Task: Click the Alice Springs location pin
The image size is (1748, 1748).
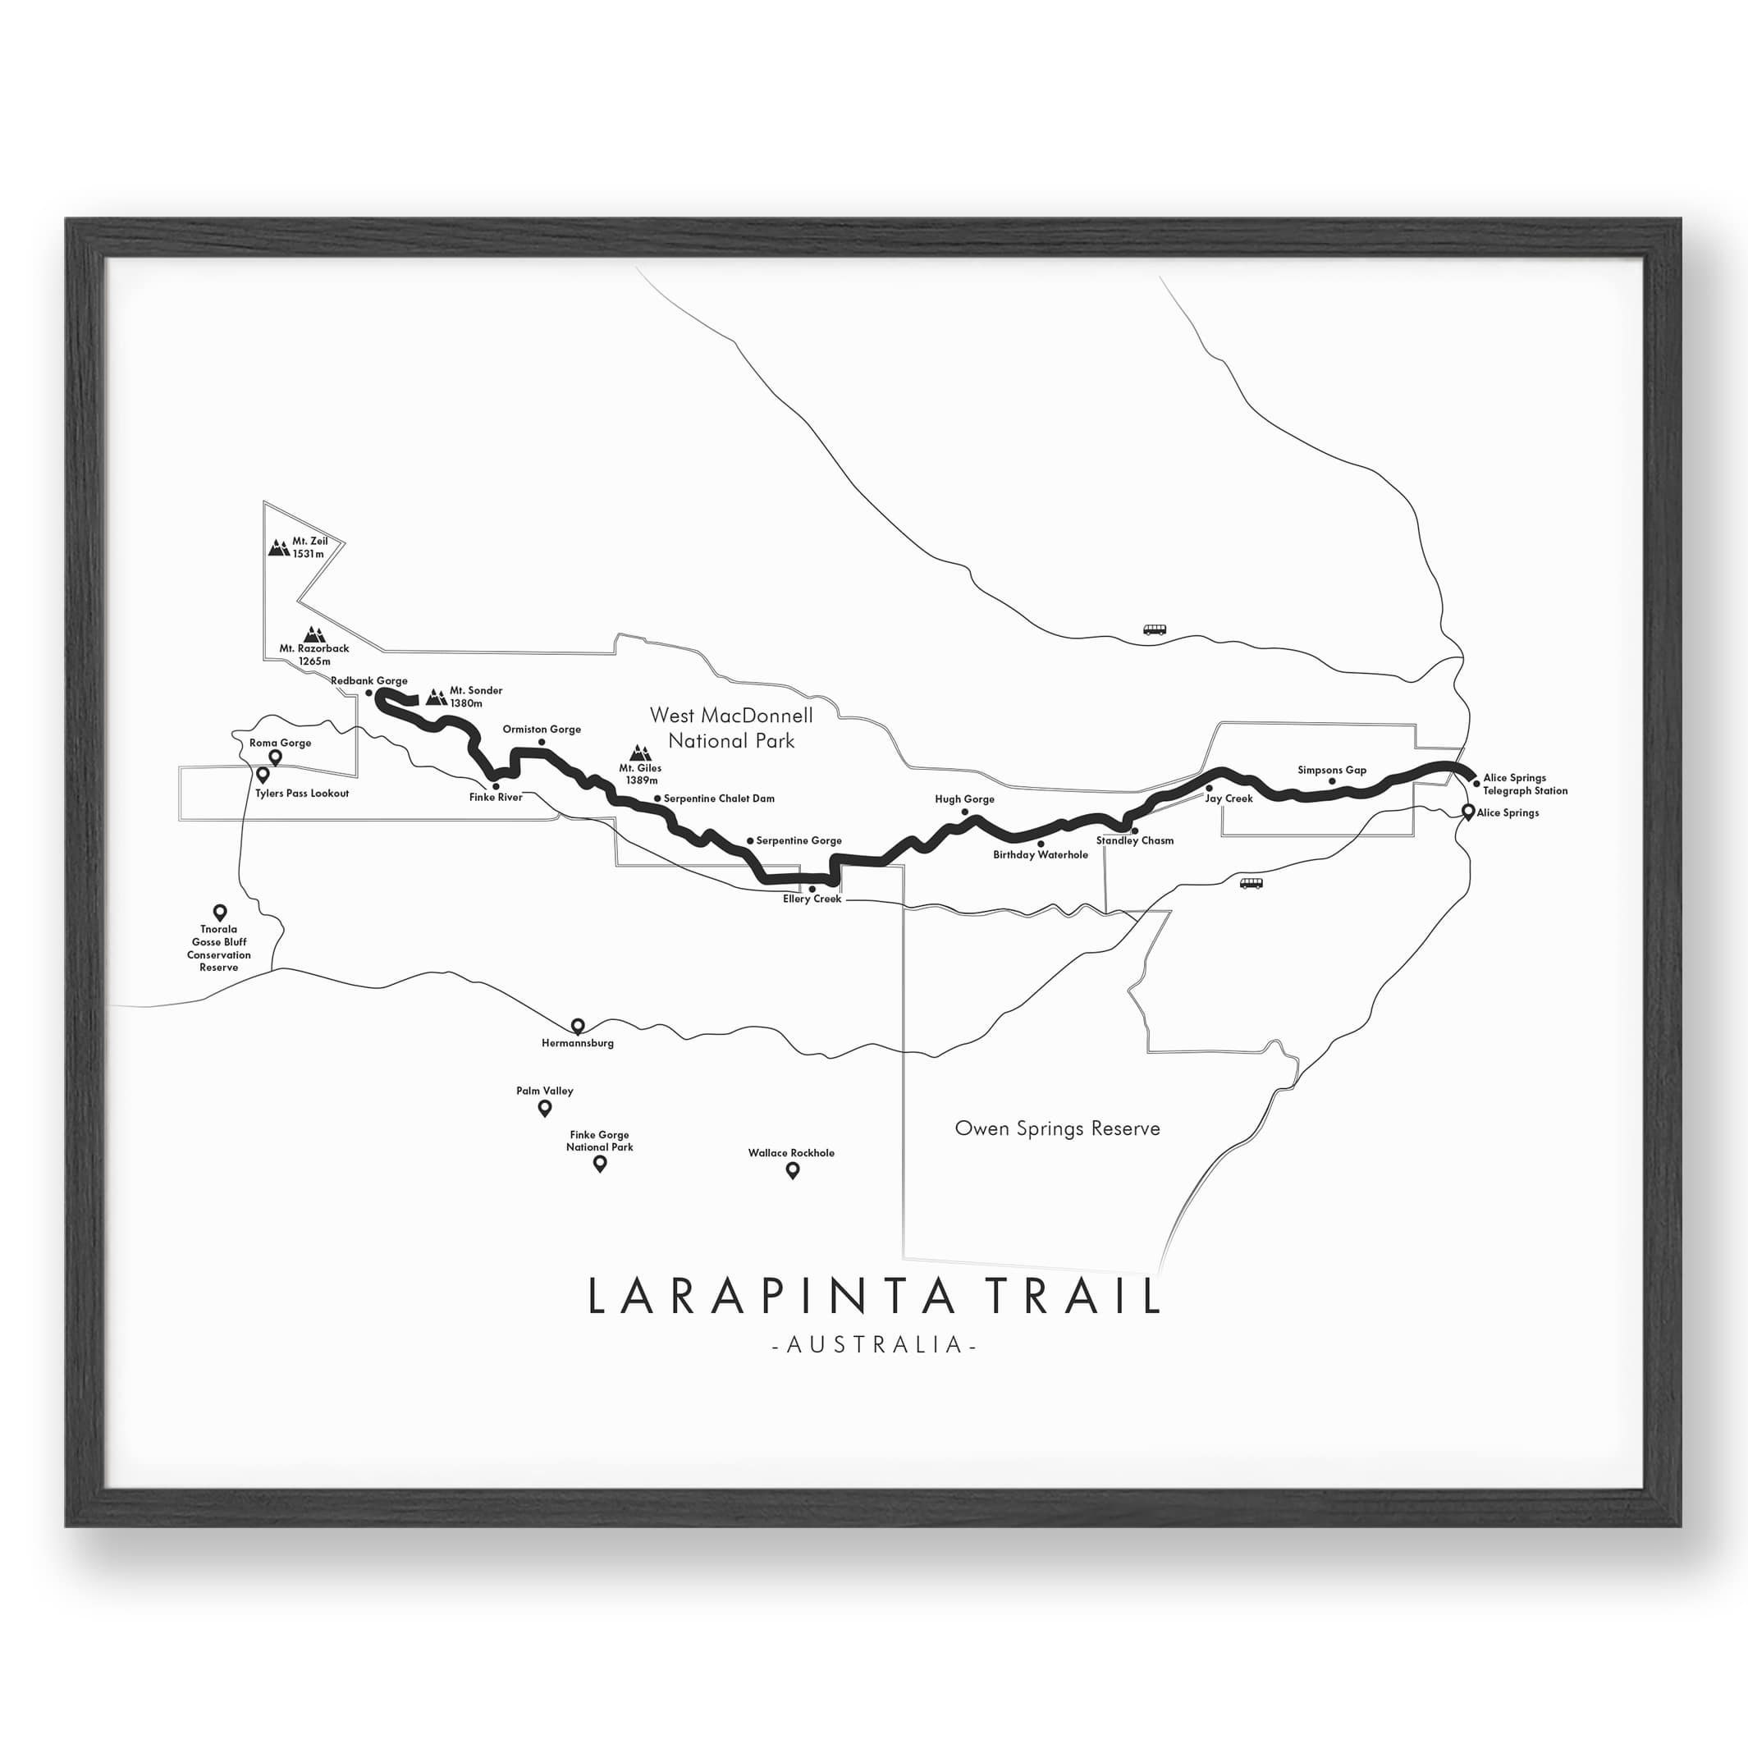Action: pos(1468,812)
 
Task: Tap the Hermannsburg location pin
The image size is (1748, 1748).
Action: pos(578,1026)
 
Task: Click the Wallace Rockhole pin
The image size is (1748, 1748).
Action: pos(793,1171)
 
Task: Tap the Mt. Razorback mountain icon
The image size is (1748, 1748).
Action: pos(313,634)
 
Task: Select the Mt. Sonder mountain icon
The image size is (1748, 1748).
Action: pos(436,697)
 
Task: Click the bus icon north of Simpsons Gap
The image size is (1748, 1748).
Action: pos(1155,629)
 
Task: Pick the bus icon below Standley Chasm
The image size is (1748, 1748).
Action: pos(1252,884)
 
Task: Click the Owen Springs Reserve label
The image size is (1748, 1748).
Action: pos(1057,1128)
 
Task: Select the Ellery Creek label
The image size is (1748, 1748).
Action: pos(812,899)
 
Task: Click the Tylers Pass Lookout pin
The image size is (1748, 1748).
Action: pos(263,776)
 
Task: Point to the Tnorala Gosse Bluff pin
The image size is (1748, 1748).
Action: pos(219,912)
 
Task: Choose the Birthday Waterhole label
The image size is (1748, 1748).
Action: pos(1041,855)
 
